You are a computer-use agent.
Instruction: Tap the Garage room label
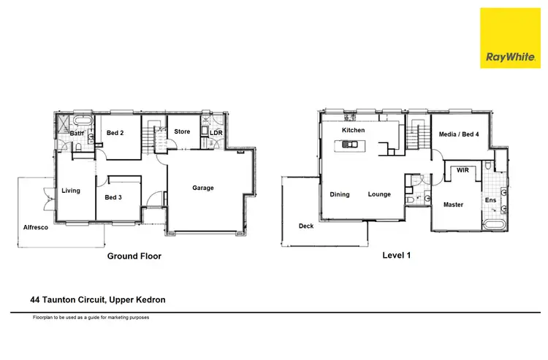pos(203,188)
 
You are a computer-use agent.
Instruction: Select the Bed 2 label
pos(115,133)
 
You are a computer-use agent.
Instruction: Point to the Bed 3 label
pos(113,197)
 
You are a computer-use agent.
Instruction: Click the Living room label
pos(70,191)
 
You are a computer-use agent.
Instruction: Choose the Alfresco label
pos(34,228)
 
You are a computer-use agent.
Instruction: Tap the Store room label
pos(182,131)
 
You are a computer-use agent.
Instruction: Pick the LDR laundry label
pos(216,133)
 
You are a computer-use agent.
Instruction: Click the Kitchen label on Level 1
pos(353,130)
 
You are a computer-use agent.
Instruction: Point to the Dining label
pos(340,194)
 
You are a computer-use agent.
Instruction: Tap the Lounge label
pos(379,194)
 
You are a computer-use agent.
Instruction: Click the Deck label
pos(306,226)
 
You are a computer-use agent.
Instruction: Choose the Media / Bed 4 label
pos(459,134)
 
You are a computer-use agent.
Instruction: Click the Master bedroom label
pos(453,204)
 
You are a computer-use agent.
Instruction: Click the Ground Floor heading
pos(134,256)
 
